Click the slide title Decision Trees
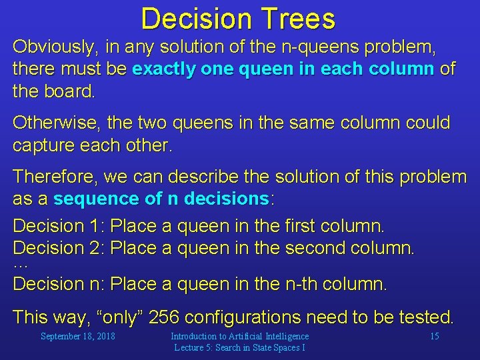click(x=238, y=19)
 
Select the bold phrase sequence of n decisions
click(x=161, y=199)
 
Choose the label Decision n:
click(x=59, y=284)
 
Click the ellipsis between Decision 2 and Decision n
click(x=20, y=265)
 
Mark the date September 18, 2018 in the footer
click(x=77, y=336)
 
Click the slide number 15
click(x=434, y=336)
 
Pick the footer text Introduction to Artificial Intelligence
click(x=239, y=336)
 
